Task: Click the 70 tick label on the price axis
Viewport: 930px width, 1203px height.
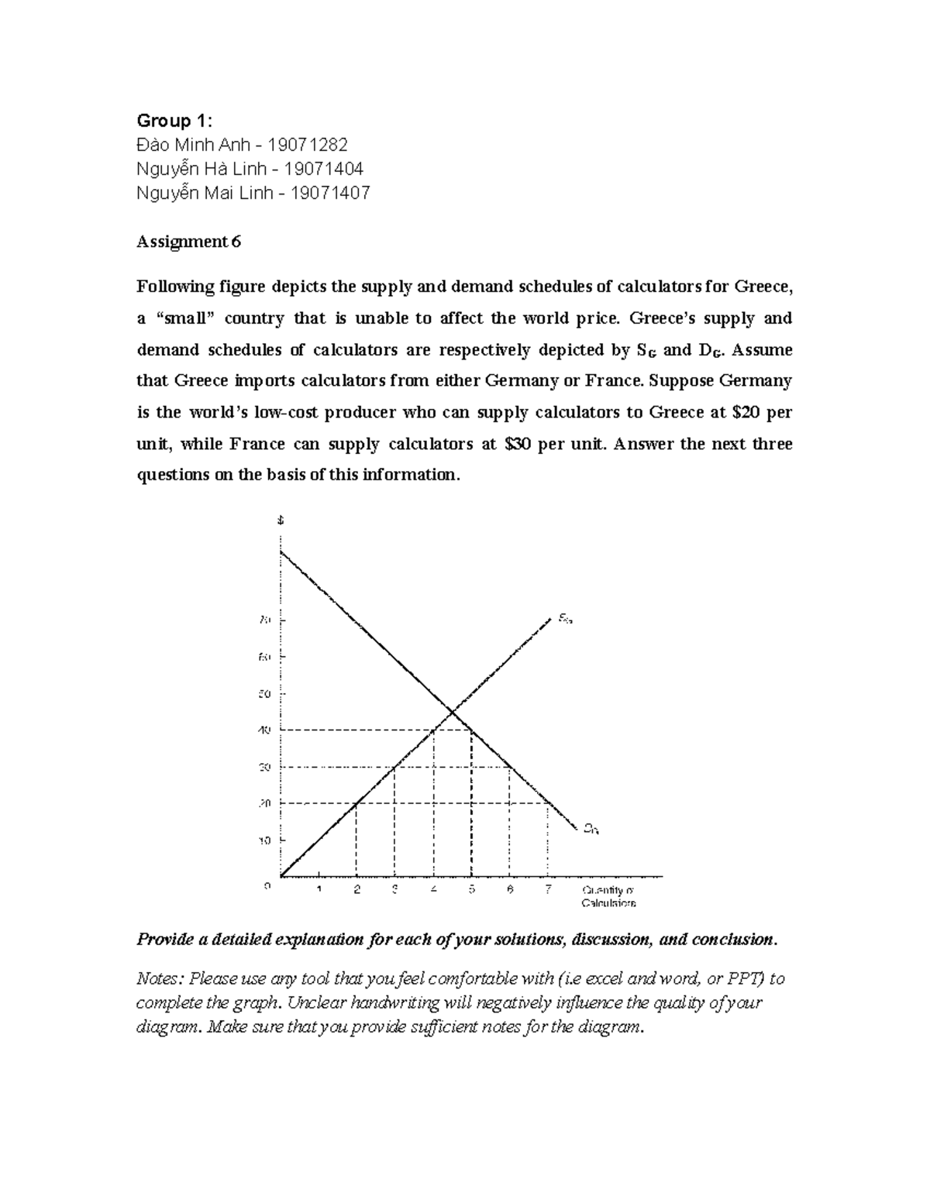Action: tap(264, 620)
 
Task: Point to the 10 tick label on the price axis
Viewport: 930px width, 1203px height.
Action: tap(264, 840)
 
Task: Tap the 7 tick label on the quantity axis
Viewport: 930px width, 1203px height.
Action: tap(548, 889)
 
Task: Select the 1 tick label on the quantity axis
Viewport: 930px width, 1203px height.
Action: tap(319, 889)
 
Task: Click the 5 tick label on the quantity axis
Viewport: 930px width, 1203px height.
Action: tap(471, 889)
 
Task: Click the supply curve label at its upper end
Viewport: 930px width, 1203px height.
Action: tap(565, 619)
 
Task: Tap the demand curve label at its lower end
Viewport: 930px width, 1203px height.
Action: tap(591, 829)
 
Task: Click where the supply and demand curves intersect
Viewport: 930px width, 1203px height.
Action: tap(453, 711)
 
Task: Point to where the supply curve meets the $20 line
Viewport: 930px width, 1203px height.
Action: tap(356, 803)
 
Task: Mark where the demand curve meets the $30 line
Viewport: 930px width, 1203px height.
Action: tap(510, 767)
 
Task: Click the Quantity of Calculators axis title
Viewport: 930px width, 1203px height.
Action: tap(608, 896)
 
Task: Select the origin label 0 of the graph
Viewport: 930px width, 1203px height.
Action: tap(267, 885)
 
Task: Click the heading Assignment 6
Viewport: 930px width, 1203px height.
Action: tap(188, 242)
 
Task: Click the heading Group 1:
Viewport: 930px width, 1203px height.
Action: tap(174, 120)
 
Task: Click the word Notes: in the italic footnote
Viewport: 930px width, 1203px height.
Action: tap(160, 978)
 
